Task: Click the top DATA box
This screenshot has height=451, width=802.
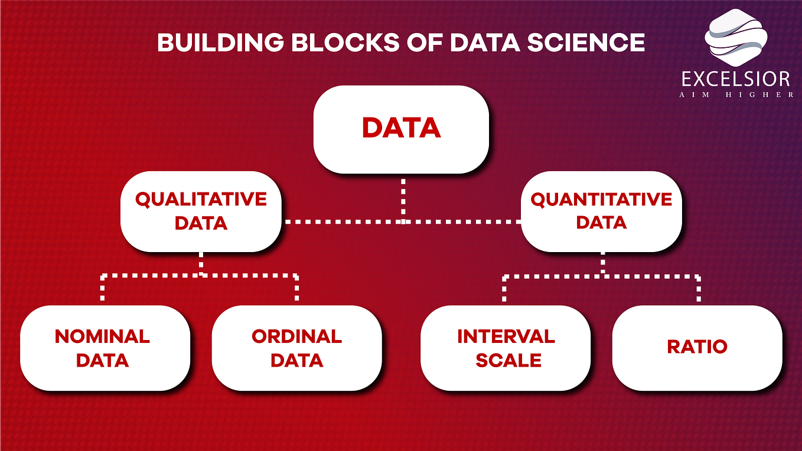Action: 401,129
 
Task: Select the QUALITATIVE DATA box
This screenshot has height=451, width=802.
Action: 201,211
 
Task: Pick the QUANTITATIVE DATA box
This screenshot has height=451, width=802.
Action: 601,211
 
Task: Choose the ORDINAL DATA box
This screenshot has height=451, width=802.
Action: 296,348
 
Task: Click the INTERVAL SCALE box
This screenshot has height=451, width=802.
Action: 506,348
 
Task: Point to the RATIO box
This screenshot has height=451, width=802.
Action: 697,347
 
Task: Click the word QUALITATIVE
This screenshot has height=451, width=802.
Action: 201,200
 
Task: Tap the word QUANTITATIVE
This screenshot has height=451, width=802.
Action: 601,200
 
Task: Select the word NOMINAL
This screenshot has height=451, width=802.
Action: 102,336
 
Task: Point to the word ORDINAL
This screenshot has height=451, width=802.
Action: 296,336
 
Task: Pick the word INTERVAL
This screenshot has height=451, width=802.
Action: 506,336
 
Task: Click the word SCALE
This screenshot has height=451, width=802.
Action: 508,360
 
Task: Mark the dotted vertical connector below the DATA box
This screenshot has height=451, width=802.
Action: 403,198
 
